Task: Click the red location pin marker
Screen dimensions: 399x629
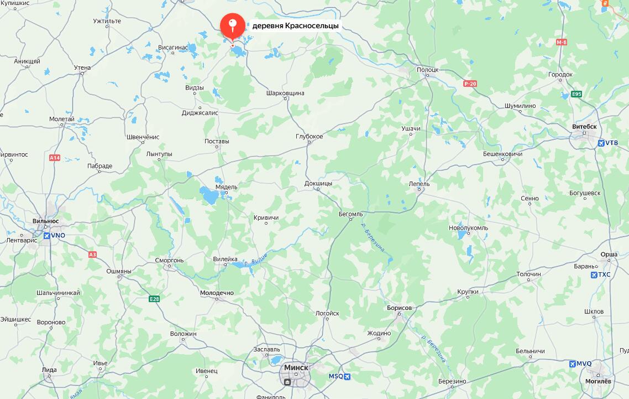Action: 232,25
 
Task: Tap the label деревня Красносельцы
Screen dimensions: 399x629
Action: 296,25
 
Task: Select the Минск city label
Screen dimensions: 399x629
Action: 296,367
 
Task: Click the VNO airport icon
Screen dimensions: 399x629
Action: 47,236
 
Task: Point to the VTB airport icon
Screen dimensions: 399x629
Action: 601,143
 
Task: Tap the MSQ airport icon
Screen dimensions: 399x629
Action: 347,376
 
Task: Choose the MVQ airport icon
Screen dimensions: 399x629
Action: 573,364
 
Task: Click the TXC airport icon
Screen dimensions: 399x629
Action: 594,274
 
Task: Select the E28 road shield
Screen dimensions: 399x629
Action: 154,299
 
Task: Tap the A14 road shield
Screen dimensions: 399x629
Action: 55,158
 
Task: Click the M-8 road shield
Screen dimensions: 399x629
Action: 562,43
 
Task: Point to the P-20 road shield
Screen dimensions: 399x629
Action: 470,84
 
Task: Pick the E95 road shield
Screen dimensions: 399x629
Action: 576,94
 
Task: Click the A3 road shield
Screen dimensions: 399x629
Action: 92,255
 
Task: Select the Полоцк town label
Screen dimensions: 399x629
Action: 427,70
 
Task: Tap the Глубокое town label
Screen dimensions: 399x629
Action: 309,136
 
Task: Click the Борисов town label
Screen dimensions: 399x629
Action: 400,308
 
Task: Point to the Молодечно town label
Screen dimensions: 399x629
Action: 217,293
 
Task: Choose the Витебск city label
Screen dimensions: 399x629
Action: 584,127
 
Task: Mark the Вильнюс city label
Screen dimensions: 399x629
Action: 46,221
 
